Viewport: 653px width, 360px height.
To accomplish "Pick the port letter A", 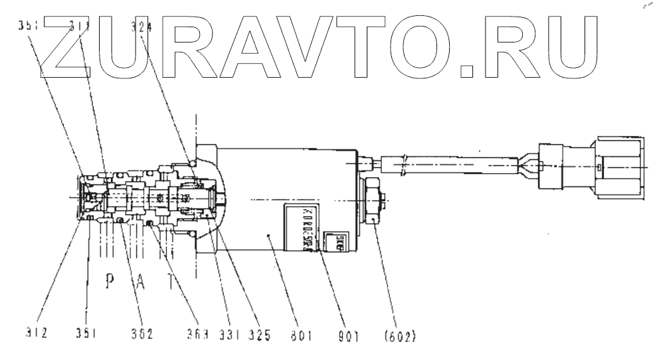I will [141, 282].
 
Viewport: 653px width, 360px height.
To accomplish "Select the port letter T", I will [171, 282].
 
